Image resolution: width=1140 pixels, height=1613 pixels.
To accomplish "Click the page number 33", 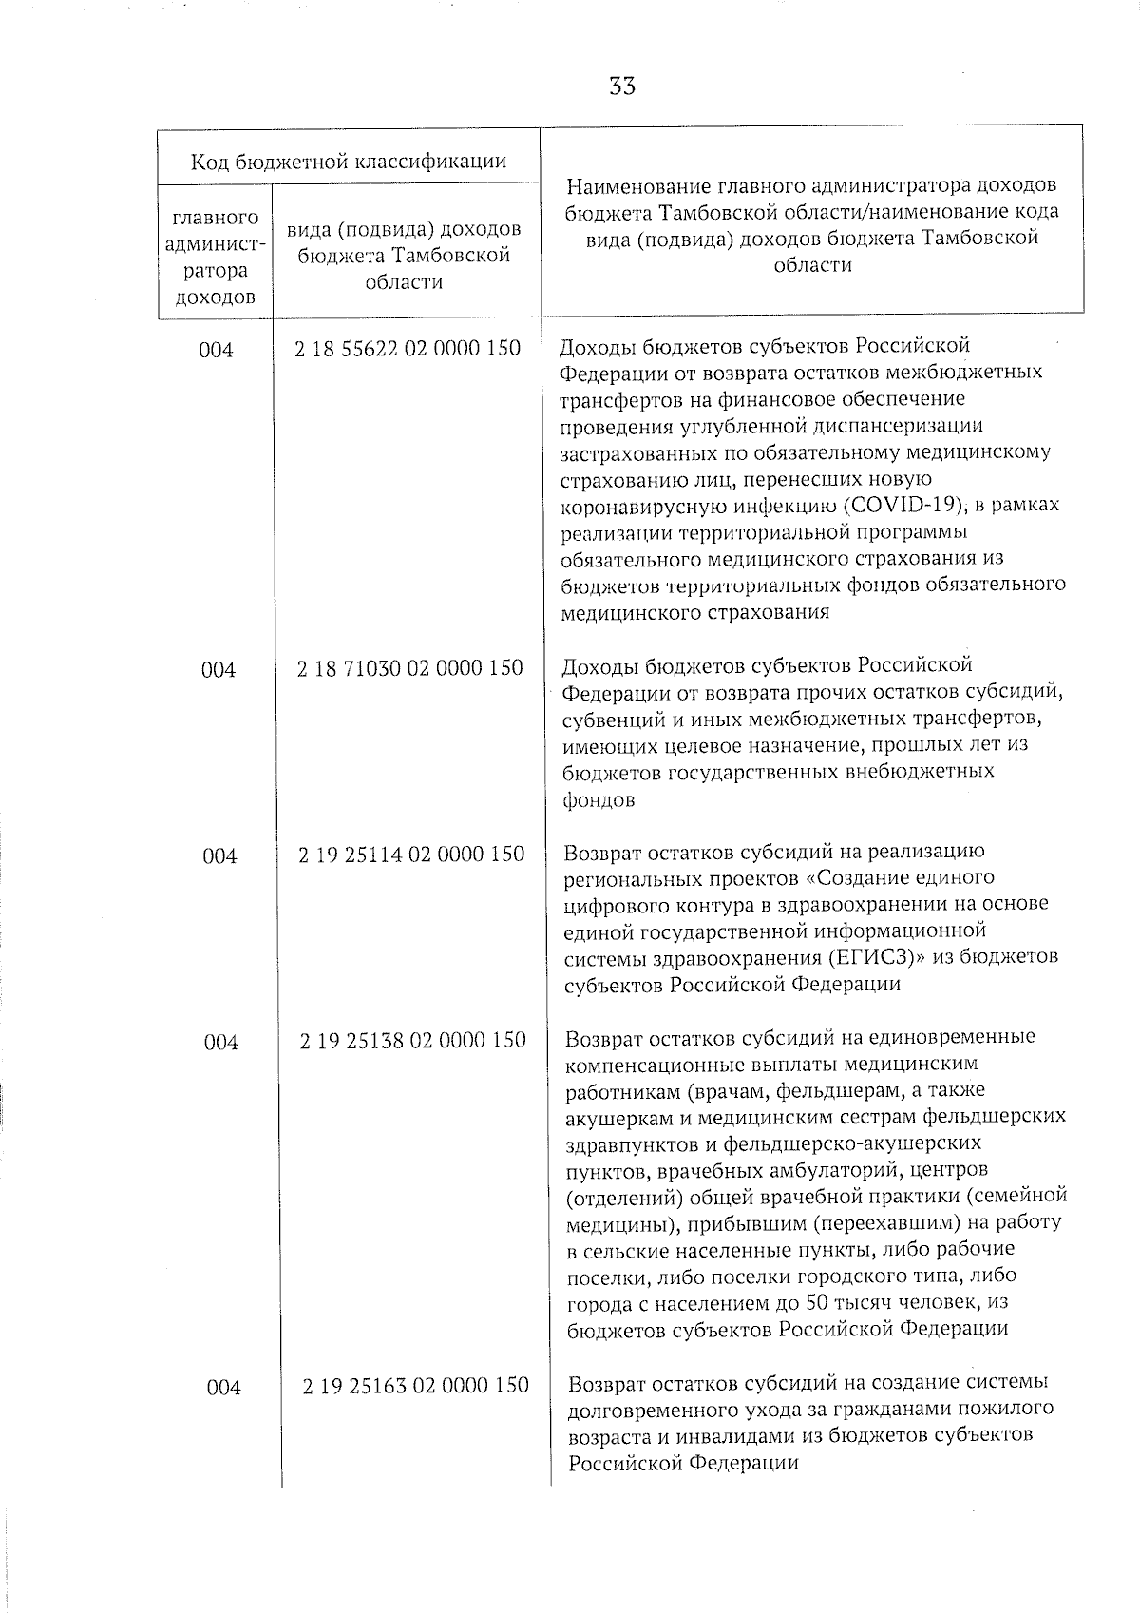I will pyautogui.click(x=622, y=86).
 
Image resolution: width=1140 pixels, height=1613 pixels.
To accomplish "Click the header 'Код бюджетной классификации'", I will pyautogui.click(x=349, y=161).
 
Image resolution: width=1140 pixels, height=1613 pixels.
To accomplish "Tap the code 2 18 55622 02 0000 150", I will pyautogui.click(x=408, y=349).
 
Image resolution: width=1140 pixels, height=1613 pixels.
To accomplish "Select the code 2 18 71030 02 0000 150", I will pyautogui.click(x=409, y=668).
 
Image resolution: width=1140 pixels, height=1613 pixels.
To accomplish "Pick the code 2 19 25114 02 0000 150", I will pyautogui.click(x=411, y=855).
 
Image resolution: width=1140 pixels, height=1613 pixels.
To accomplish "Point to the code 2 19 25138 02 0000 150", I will pyautogui.click(x=412, y=1041).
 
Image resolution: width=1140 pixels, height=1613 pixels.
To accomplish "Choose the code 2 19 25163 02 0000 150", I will pyautogui.click(x=415, y=1386).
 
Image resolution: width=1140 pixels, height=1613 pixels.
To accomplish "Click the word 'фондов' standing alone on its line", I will pyautogui.click(x=598, y=800).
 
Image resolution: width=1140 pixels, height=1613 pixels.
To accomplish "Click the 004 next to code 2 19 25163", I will pyautogui.click(x=223, y=1388).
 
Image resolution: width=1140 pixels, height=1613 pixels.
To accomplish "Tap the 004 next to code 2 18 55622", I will pyautogui.click(x=216, y=350).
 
